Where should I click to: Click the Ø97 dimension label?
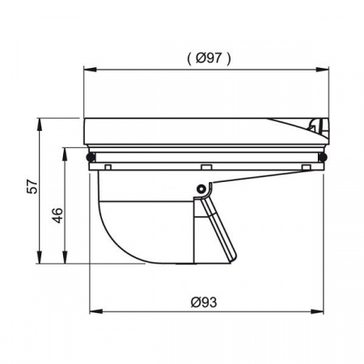[x=209, y=57]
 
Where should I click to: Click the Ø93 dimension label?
[x=204, y=302]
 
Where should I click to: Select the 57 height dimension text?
[x=32, y=187]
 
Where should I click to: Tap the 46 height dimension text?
[x=57, y=215]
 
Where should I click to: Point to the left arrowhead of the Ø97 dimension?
[x=90, y=70]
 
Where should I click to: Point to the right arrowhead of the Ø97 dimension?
[x=323, y=70]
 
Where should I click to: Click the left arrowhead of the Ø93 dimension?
[x=96, y=311]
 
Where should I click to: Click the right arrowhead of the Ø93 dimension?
[x=317, y=311]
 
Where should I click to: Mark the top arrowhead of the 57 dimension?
[x=40, y=125]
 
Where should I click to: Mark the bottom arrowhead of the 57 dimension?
[x=40, y=257]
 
